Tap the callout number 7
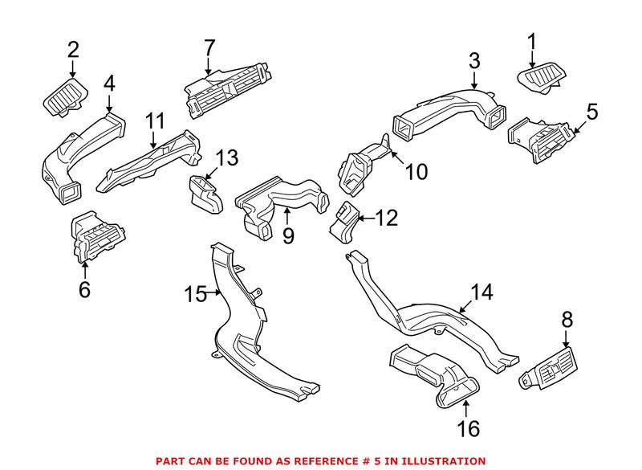click(209, 47)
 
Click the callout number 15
click(198, 294)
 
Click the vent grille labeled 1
click(539, 80)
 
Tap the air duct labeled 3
click(449, 112)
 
